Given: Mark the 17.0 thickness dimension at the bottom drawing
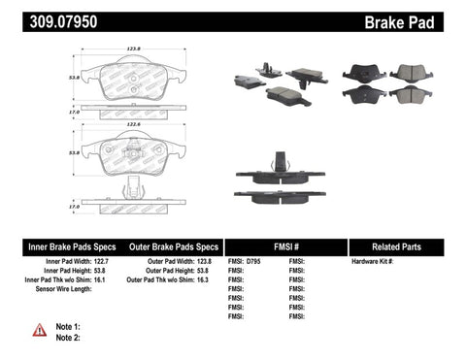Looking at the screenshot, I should [71, 207].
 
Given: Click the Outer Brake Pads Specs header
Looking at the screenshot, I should [168, 246].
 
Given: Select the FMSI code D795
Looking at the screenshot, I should [255, 262].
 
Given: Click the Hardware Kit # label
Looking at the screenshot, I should [372, 262].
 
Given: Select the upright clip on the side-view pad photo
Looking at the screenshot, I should [280, 159].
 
